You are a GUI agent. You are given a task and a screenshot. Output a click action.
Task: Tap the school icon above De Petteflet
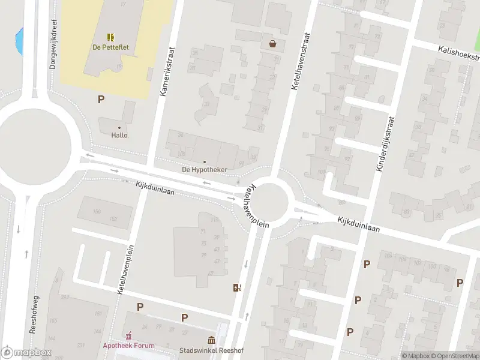pos(111,37)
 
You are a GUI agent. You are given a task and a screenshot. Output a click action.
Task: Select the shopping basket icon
pos(273,43)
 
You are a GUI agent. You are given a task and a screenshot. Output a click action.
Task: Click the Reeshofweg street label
pos(35,316)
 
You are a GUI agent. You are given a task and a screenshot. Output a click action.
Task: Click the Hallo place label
pos(119,135)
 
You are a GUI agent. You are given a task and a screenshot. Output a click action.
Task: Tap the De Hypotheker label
pos(205,170)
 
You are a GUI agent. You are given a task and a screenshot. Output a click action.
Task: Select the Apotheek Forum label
pos(128,346)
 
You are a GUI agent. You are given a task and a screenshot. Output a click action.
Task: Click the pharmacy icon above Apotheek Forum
pos(128,335)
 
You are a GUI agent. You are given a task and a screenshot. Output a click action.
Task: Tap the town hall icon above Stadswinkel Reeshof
pos(211,340)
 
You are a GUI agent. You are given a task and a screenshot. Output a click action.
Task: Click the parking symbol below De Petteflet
pos(101,100)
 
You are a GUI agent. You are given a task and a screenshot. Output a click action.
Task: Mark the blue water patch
pos(20,40)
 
